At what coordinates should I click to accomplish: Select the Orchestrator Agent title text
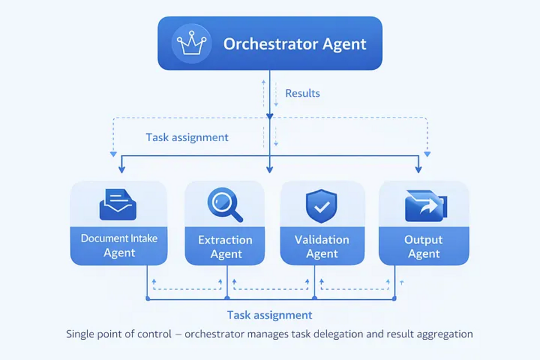pyautogui.click(x=295, y=44)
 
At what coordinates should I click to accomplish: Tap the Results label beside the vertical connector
pyautogui.click(x=303, y=93)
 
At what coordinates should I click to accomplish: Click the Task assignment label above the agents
pyautogui.click(x=187, y=137)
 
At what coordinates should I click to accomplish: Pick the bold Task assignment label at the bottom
pyautogui.click(x=269, y=315)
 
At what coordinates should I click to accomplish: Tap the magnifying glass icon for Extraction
pyautogui.click(x=224, y=205)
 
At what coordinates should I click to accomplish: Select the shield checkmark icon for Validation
pyautogui.click(x=321, y=206)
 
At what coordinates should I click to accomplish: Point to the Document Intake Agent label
pyautogui.click(x=119, y=245)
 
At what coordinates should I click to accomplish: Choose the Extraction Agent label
pyautogui.click(x=225, y=247)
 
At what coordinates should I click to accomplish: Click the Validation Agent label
pyautogui.click(x=322, y=247)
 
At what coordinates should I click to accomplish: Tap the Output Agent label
pyautogui.click(x=424, y=247)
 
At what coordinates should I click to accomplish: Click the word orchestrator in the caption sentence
pyautogui.click(x=215, y=334)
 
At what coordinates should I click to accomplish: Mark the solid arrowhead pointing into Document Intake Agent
pyautogui.click(x=121, y=169)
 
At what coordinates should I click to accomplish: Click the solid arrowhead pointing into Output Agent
pyautogui.click(x=418, y=169)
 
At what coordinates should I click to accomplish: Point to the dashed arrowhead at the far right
pyautogui.click(x=427, y=154)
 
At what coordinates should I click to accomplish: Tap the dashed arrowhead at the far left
pyautogui.click(x=113, y=154)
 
